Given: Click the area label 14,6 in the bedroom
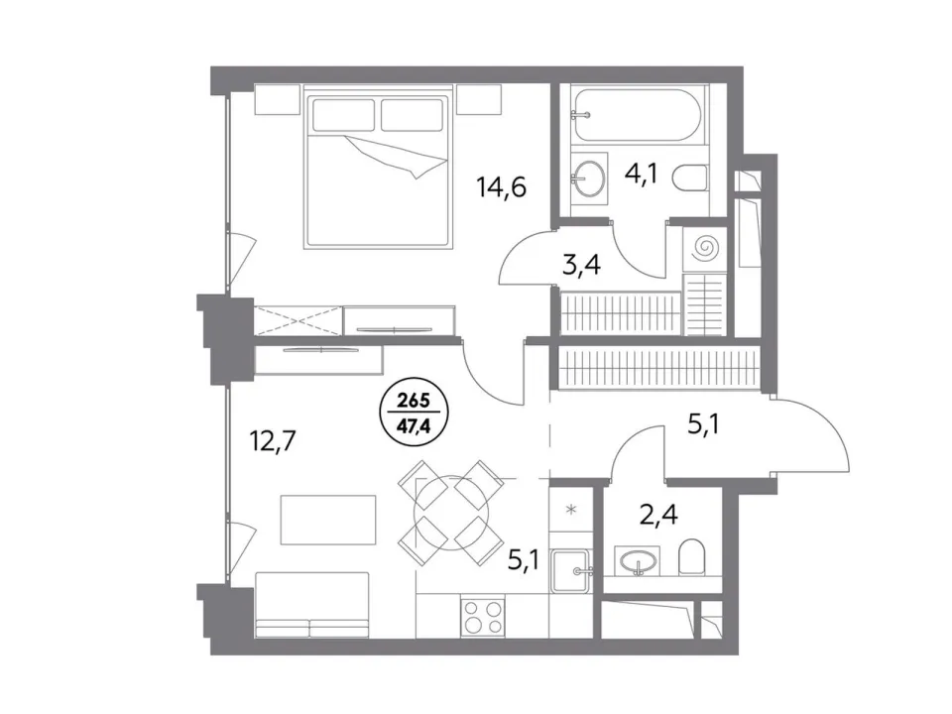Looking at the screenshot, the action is pos(502,186).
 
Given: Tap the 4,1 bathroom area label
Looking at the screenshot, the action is pos(641,178).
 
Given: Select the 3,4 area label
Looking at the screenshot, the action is pos(581,265).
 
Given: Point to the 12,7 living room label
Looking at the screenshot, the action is pos(273,440).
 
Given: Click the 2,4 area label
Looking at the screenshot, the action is pos(658,515).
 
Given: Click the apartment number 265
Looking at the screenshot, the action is pos(414,401).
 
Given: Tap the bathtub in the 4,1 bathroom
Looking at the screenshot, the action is pos(638,115).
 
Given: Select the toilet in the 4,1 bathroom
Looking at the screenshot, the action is pos(690,178).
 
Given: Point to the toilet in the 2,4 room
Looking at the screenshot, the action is pos(690,557).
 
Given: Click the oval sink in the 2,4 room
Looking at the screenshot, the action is pos(636,561).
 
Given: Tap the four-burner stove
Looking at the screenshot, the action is pos(483,616).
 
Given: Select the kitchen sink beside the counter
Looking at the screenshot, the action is pos(571,570).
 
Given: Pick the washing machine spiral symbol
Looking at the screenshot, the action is pos(705,247).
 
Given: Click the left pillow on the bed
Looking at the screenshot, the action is pos(342,114).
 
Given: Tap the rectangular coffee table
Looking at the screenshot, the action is pos(328,519).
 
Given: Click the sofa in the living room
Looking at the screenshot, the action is pos(312,605).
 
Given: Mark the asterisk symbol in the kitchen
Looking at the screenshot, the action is pos(570,510).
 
